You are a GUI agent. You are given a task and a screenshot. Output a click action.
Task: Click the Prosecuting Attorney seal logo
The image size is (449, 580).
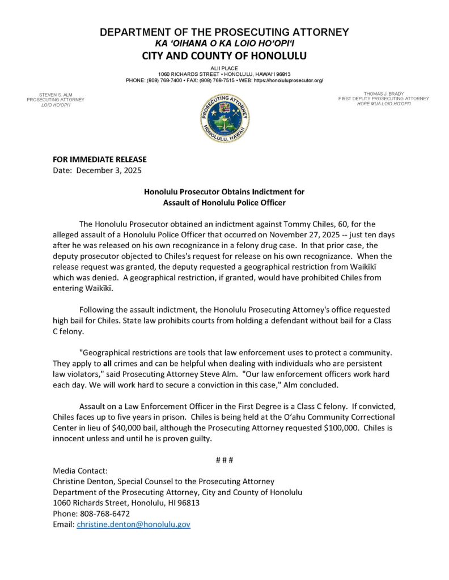click(224, 118)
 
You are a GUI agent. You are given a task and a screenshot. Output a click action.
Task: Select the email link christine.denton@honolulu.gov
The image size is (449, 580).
click(133, 524)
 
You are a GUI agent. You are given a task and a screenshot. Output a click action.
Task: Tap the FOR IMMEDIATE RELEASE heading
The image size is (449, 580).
click(99, 159)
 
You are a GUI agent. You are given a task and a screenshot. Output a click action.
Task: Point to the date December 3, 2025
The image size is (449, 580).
click(109, 170)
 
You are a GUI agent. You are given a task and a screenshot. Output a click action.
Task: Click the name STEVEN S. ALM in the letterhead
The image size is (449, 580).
click(55, 94)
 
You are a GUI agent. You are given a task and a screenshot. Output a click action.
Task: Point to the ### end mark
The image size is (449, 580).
click(224, 459)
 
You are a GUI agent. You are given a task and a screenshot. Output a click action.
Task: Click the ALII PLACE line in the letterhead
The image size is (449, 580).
click(224, 68)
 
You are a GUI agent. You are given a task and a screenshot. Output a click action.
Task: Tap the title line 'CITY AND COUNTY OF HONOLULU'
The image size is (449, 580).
click(224, 56)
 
